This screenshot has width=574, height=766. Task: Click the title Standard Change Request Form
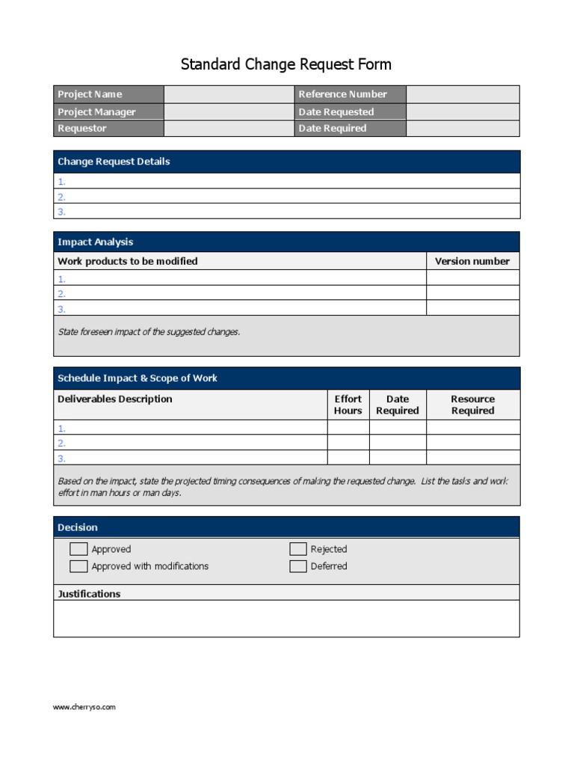click(286, 64)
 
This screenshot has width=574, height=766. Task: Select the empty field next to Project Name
click(229, 94)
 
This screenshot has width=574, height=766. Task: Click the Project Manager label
click(96, 112)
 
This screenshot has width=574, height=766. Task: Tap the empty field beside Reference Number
click(463, 94)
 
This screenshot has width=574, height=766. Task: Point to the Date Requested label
click(336, 112)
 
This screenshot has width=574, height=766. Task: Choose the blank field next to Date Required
click(463, 129)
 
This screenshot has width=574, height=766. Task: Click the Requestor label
click(82, 129)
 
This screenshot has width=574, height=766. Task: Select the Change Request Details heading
click(114, 162)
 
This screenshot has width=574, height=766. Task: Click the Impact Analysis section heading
click(96, 242)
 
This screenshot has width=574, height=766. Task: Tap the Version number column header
click(472, 261)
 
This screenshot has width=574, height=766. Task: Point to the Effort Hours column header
click(348, 405)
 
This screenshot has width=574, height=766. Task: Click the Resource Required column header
click(472, 405)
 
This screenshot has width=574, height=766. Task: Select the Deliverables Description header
click(114, 399)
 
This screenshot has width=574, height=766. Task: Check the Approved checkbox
click(78, 549)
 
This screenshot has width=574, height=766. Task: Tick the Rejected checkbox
click(298, 549)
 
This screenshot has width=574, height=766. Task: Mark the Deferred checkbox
click(298, 566)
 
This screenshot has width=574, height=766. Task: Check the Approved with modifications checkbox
click(78, 566)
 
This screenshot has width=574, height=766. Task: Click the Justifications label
click(89, 594)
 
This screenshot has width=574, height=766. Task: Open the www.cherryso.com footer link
click(84, 707)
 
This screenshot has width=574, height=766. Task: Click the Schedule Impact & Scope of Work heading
click(138, 379)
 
